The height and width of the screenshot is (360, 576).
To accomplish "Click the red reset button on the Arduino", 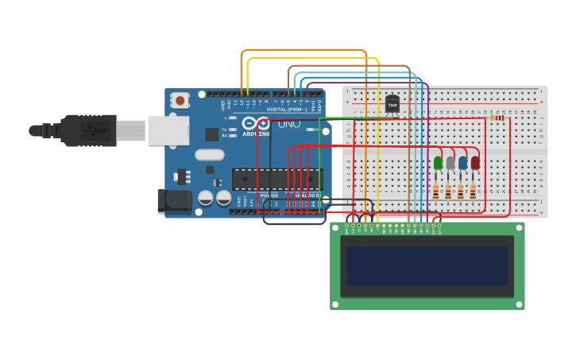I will tap(180, 100).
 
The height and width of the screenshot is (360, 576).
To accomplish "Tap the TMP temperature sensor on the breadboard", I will tap(392, 104).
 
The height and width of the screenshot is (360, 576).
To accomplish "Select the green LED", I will tap(438, 163).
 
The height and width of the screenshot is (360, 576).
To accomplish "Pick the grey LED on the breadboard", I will tap(450, 163).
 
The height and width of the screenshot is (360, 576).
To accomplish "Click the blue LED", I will tap(463, 163).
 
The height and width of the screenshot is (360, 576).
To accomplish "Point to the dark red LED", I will tap(475, 163).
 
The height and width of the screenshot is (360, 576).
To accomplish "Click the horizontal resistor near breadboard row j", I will tap(498, 118).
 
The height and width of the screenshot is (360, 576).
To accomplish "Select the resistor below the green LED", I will tap(435, 192).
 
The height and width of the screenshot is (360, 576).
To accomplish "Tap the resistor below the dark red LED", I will tap(473, 192).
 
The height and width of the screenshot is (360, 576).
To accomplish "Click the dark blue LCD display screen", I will tap(427, 265).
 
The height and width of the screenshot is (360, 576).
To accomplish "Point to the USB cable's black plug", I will tap(87, 130).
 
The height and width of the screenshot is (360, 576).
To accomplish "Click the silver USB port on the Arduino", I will tap(168, 130).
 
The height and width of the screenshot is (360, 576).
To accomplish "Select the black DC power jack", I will tap(175, 201).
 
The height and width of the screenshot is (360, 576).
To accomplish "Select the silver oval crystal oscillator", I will tap(210, 155).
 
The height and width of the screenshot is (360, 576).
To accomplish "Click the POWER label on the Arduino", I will tap(269, 195).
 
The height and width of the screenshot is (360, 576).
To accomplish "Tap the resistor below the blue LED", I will tap(460, 192).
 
